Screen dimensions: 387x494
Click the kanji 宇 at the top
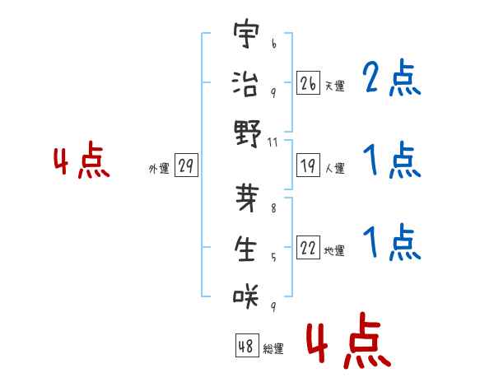point(246,35)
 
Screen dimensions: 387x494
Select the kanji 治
point(246,84)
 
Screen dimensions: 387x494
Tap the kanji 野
point(246,133)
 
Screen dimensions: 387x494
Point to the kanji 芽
point(246,199)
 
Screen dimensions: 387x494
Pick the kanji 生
point(246,248)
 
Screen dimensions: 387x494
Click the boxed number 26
point(309,83)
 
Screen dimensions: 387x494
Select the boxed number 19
point(309,166)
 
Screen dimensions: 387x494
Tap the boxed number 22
point(309,249)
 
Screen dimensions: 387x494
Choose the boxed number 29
point(185,166)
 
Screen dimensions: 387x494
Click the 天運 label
point(335,86)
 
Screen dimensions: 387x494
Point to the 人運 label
point(335,169)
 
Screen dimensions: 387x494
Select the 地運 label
point(335,251)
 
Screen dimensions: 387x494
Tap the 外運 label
point(159,169)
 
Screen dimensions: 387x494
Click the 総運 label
point(273,349)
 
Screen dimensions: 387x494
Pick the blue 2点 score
point(390,80)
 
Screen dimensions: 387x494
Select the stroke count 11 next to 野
point(273,142)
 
